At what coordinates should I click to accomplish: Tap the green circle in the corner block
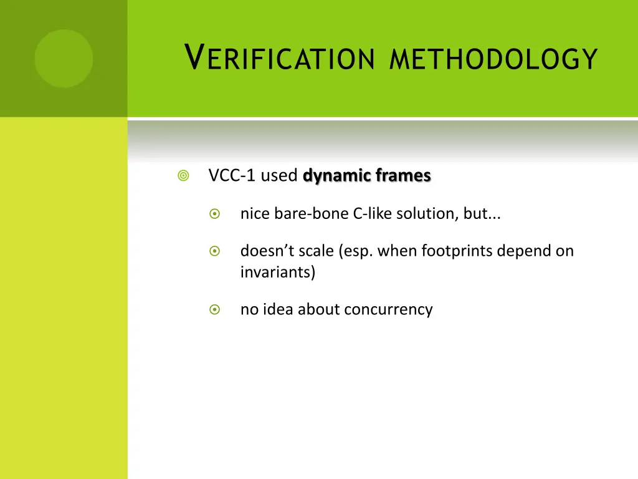pos(64,59)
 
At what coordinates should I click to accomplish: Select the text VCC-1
pos(232,176)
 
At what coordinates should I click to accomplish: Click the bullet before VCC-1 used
pos(183,177)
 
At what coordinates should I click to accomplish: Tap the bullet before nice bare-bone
pos(215,214)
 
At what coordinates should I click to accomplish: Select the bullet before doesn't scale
pos(215,251)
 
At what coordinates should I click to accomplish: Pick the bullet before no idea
pos(215,309)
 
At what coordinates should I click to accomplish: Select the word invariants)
pos(278,273)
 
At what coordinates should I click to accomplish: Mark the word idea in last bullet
pos(278,309)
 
